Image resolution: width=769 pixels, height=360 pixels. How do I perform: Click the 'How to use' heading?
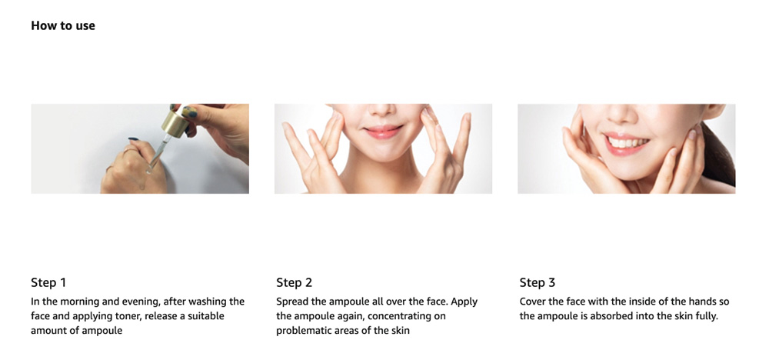tap(63, 25)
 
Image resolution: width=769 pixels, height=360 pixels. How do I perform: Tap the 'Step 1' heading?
tap(48, 282)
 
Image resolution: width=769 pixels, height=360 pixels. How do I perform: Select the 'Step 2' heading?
tap(294, 282)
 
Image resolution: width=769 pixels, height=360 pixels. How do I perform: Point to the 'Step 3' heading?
tap(538, 282)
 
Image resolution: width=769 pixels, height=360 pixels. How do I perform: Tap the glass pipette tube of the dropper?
tap(158, 153)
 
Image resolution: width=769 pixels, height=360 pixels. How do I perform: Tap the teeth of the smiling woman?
tap(628, 142)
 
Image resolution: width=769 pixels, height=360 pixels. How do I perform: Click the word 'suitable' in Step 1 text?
tap(206, 316)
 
